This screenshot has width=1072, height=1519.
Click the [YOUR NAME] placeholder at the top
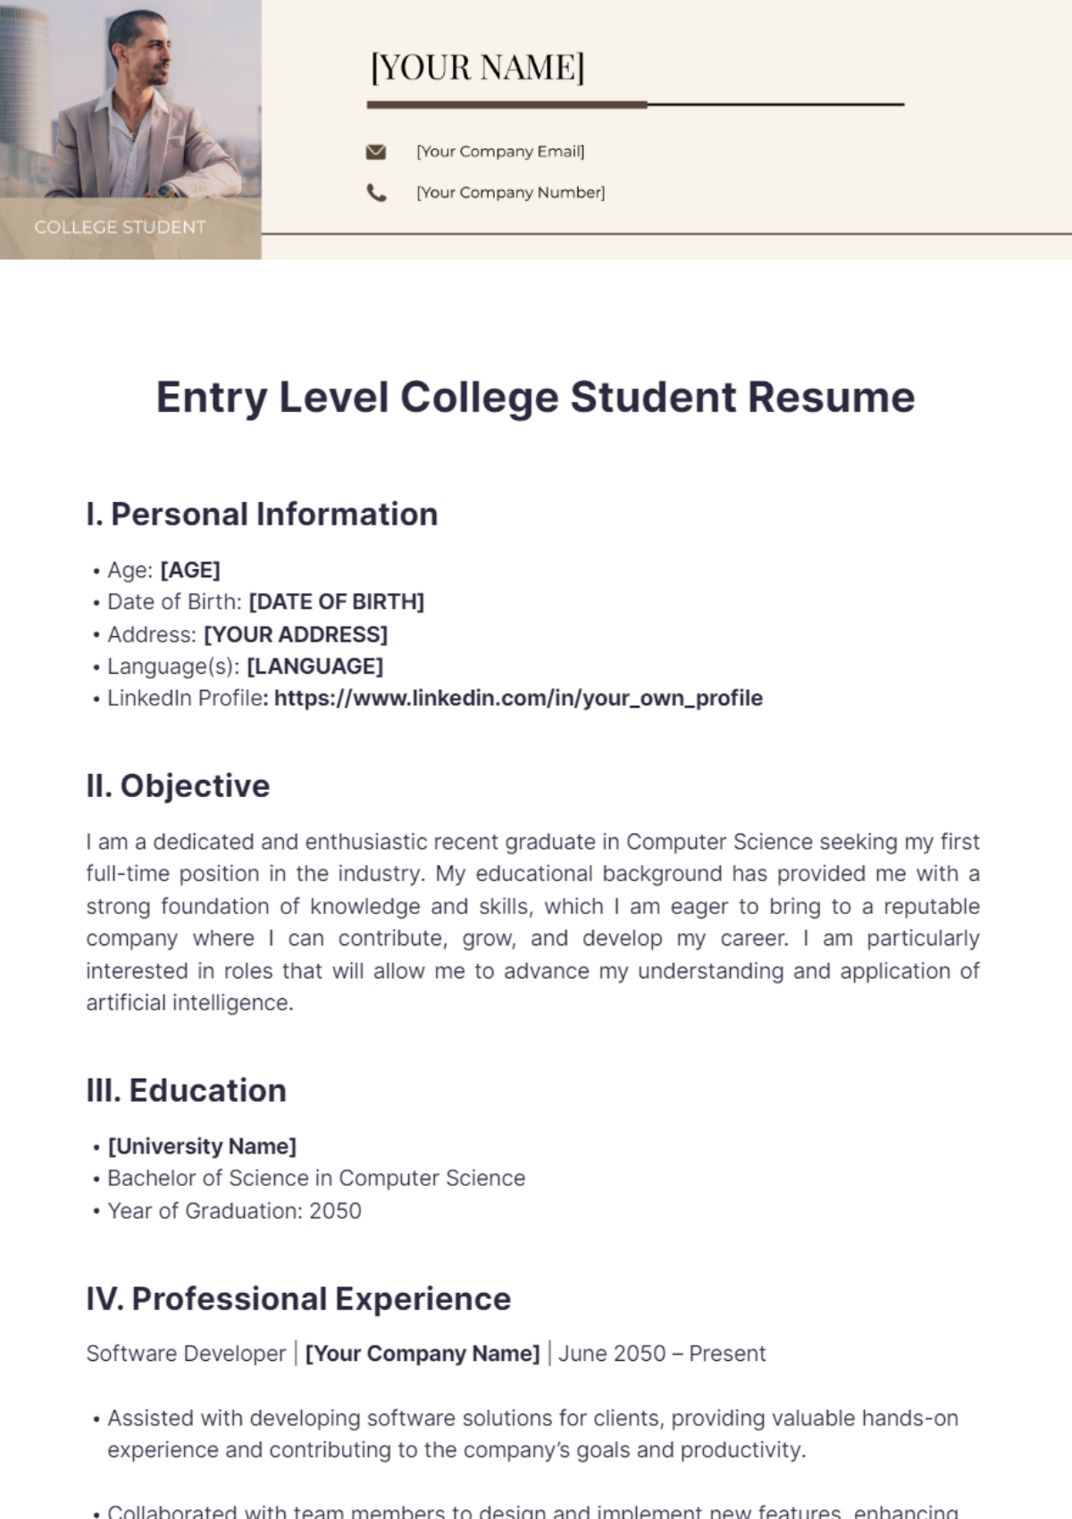477,68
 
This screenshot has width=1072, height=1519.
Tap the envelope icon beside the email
376,152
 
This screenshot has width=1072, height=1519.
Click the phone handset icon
376,192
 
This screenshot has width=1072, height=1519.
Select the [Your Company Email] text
500,152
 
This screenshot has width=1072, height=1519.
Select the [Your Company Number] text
510,192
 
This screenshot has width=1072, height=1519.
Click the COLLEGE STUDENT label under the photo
120,227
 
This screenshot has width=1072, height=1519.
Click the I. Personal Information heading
262,515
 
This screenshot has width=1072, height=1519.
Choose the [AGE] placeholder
190,570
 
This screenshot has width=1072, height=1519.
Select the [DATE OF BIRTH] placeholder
336,602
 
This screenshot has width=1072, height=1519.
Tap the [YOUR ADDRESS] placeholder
296,634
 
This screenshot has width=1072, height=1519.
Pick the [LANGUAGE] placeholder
314,667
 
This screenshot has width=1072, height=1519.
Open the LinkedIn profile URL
518,699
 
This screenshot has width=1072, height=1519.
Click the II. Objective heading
178,786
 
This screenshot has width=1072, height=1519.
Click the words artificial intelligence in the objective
188,1003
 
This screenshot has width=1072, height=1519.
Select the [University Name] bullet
202,1146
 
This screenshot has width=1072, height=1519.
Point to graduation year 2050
335,1212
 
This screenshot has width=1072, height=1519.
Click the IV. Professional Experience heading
298,1299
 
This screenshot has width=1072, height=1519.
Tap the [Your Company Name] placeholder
423,1354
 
